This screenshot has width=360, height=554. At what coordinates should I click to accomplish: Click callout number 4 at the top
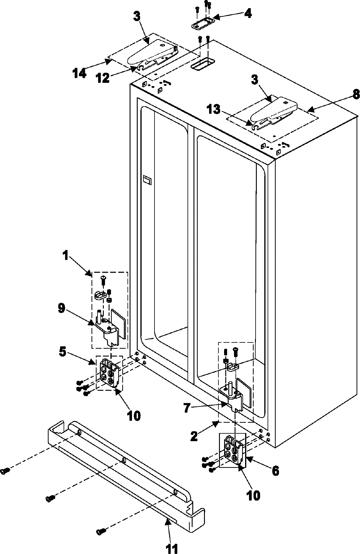coord(247,13)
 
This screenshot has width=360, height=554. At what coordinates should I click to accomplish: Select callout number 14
coord(79,73)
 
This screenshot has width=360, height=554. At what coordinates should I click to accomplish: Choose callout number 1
coord(65,256)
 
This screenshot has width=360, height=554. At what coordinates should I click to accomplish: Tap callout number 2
coord(194,436)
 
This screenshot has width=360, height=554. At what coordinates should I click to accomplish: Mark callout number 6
coord(275,471)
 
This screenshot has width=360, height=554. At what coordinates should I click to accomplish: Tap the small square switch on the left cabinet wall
coord(147,180)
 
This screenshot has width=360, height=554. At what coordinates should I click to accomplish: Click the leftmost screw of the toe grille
coord(4,471)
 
